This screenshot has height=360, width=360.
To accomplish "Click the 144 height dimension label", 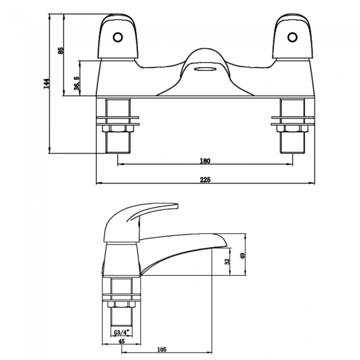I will tap(47, 83).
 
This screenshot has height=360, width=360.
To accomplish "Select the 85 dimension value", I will tap(61, 50).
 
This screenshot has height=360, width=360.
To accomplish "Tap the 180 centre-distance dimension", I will tap(204, 161).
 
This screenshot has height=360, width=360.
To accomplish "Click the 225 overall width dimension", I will tap(204, 179).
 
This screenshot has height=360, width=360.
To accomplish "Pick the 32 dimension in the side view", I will tap(227, 262).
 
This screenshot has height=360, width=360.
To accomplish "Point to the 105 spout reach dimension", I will tap(162, 350).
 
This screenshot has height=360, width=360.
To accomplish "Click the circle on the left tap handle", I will tap(117, 37).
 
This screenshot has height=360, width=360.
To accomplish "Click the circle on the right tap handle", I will tap(291, 37).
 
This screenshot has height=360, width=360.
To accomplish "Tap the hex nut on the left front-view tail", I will tap(118, 128).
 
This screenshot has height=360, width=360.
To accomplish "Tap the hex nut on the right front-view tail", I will tap(292, 128).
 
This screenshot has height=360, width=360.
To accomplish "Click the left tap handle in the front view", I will tap(118, 39).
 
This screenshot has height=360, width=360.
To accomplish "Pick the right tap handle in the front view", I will tap(291, 39).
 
